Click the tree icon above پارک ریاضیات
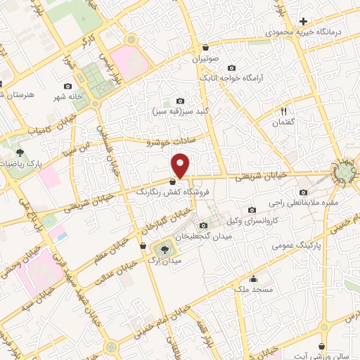(x=21, y=152)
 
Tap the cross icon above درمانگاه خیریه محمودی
(x=303, y=21)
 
